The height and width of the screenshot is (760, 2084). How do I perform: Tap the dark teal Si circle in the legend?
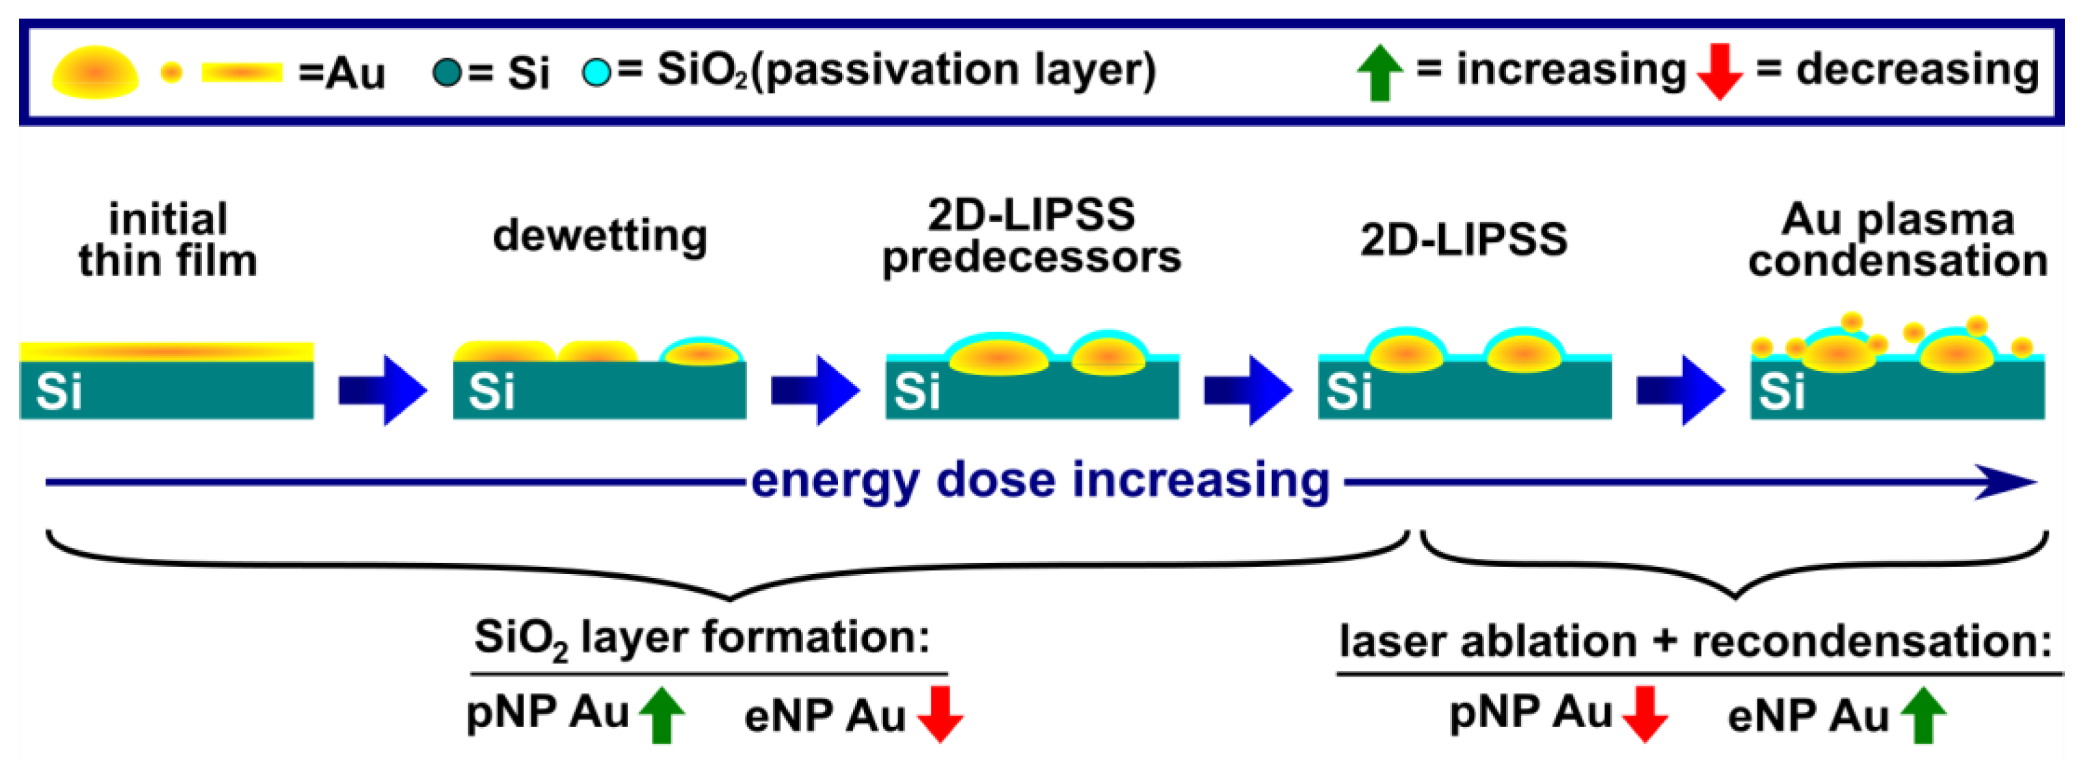click(x=447, y=72)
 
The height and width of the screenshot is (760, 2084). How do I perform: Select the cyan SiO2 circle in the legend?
click(x=596, y=72)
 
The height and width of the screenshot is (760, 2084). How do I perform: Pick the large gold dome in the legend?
click(x=95, y=72)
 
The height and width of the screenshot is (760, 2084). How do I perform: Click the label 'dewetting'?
click(x=600, y=236)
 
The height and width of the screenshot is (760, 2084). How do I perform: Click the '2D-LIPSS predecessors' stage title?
click(x=1031, y=236)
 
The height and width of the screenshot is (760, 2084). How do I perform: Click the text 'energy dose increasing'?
click(x=1040, y=480)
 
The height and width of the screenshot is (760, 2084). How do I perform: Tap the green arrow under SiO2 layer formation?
click(x=661, y=715)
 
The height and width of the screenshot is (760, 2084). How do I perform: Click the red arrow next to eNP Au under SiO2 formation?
click(x=939, y=715)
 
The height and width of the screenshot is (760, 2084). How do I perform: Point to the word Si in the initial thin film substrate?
click(x=58, y=391)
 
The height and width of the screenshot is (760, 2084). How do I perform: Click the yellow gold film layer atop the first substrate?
click(x=166, y=352)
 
